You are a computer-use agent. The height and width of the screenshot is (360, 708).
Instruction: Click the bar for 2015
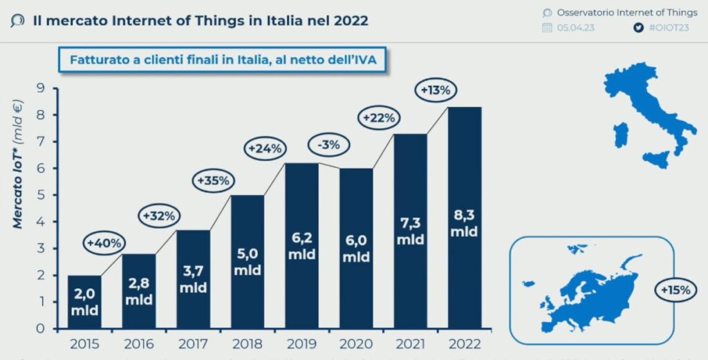(84, 301)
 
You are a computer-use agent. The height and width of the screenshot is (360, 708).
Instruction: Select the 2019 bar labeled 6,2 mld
(302, 245)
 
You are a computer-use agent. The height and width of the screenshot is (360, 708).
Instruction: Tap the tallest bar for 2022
(464, 217)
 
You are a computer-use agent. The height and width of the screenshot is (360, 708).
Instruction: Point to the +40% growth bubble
(105, 243)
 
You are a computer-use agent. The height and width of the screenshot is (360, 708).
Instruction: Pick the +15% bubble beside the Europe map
(675, 290)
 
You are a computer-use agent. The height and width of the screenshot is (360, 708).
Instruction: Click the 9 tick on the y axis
(41, 88)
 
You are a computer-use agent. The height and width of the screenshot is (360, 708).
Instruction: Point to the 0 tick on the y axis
(41, 328)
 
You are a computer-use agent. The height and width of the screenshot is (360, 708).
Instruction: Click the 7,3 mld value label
(410, 231)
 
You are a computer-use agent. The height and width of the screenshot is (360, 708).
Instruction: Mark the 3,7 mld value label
(194, 279)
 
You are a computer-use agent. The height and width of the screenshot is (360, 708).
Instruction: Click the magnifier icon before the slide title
(18, 21)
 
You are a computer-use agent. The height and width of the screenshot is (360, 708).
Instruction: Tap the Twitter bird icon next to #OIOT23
(638, 28)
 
